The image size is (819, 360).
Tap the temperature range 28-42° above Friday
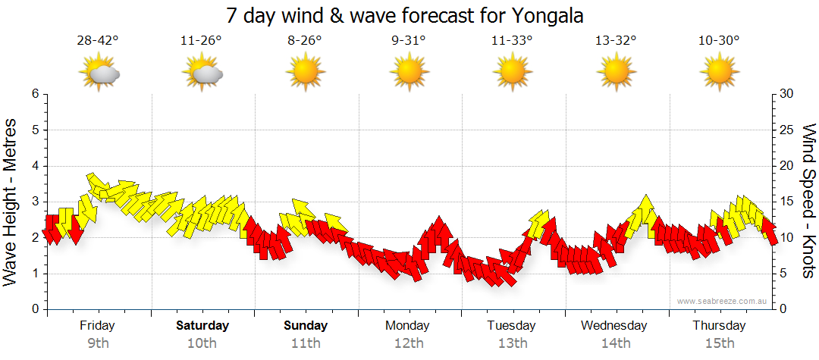pos(98,41)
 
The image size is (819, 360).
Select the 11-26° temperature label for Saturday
pos(202,41)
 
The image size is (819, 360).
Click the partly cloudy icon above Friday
pos(99,73)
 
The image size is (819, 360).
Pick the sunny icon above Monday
pos(409,73)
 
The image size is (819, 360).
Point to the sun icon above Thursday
pos(719,73)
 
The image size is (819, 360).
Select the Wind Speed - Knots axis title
pos(808,201)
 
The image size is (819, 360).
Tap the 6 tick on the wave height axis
pos(35,94)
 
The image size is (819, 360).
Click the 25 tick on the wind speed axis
pos(786,130)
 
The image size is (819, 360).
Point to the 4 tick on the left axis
pos(35,166)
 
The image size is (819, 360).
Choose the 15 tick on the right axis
pos(786,202)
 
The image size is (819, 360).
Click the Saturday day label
pos(202,326)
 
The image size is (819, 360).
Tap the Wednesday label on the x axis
pos(614,326)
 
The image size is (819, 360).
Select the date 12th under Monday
pos(409,343)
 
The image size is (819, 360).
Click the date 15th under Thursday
pos(719,343)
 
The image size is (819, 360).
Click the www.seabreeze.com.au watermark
pos(723,301)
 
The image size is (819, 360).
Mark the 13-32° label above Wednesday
pos(615,41)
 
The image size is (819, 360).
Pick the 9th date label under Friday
pos(98,343)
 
